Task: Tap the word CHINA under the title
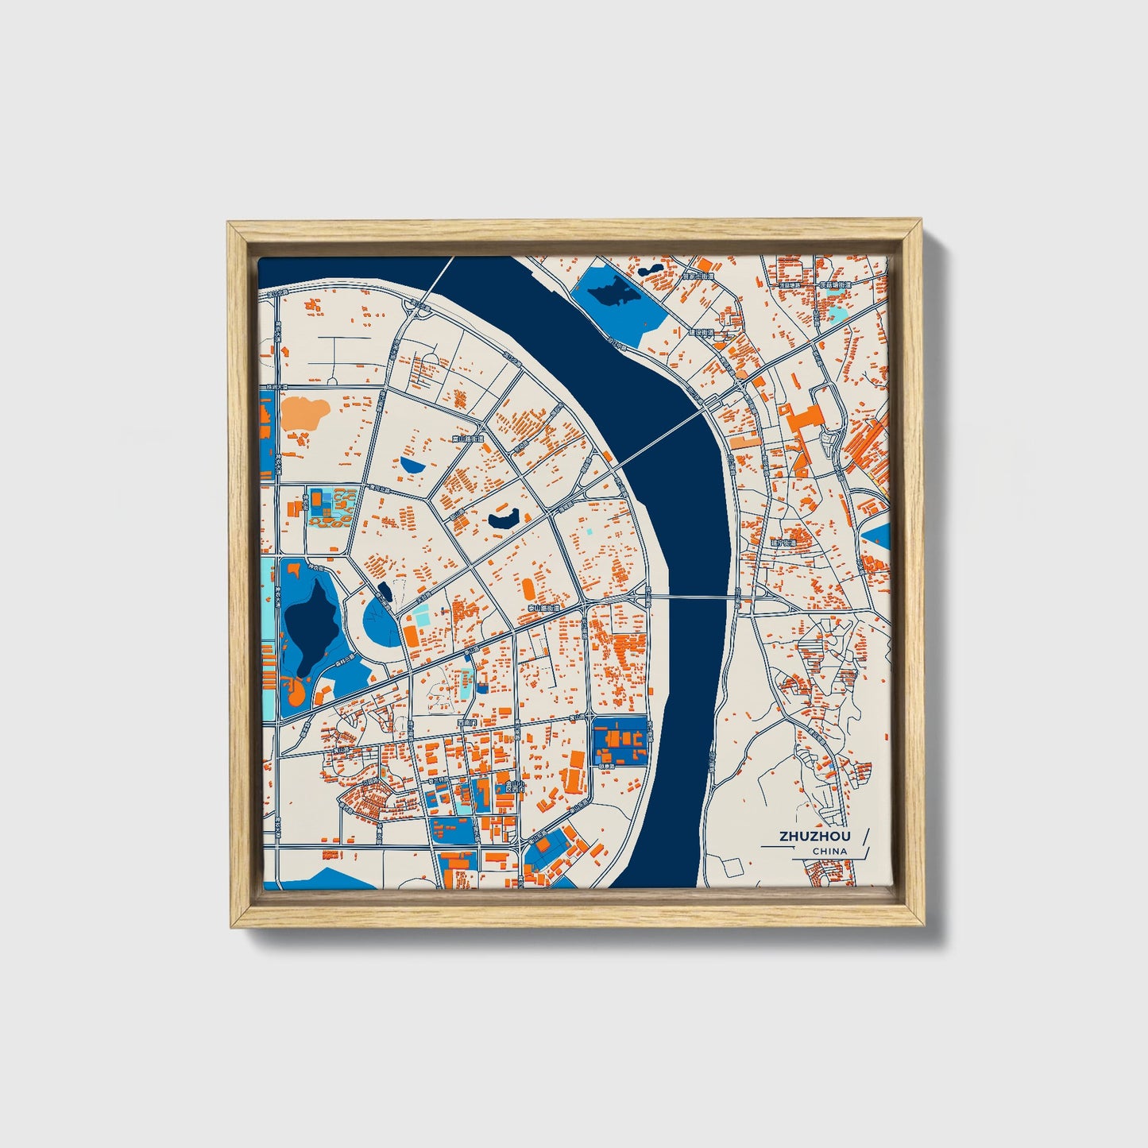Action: [x=829, y=851]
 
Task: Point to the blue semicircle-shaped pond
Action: [x=413, y=464]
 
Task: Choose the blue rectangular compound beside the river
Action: [x=620, y=741]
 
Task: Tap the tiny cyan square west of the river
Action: [x=589, y=531]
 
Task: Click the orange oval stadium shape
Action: [x=528, y=589]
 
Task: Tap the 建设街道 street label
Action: [x=701, y=332]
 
